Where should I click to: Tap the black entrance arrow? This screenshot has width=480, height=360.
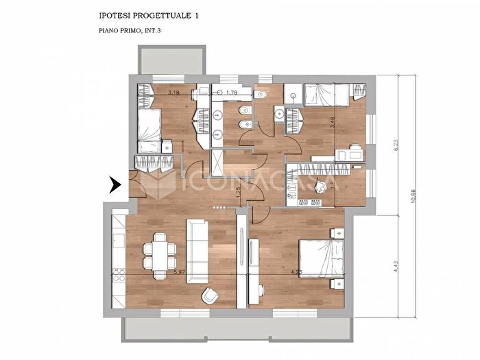(x=115, y=184)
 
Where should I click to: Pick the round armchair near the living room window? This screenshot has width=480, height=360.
(x=210, y=295)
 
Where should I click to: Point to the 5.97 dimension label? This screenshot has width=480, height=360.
(x=180, y=272)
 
